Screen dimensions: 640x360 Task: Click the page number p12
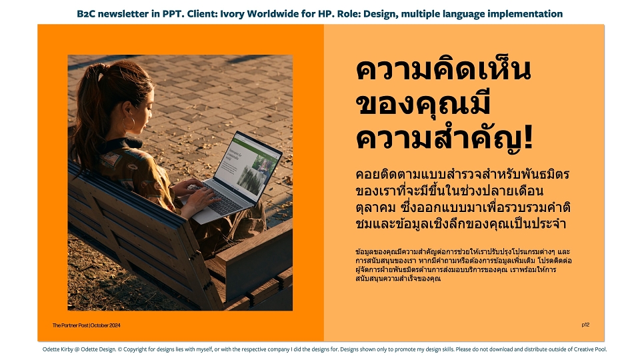585,325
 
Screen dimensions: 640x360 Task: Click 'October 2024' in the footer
105,325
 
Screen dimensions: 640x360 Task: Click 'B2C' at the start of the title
86,14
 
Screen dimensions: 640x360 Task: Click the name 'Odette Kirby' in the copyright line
57,349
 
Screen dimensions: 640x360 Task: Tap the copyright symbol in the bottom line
119,349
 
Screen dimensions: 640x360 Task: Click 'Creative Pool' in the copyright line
590,349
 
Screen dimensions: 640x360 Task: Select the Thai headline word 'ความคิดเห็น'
443,70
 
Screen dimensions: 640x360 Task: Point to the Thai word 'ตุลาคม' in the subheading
375,208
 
